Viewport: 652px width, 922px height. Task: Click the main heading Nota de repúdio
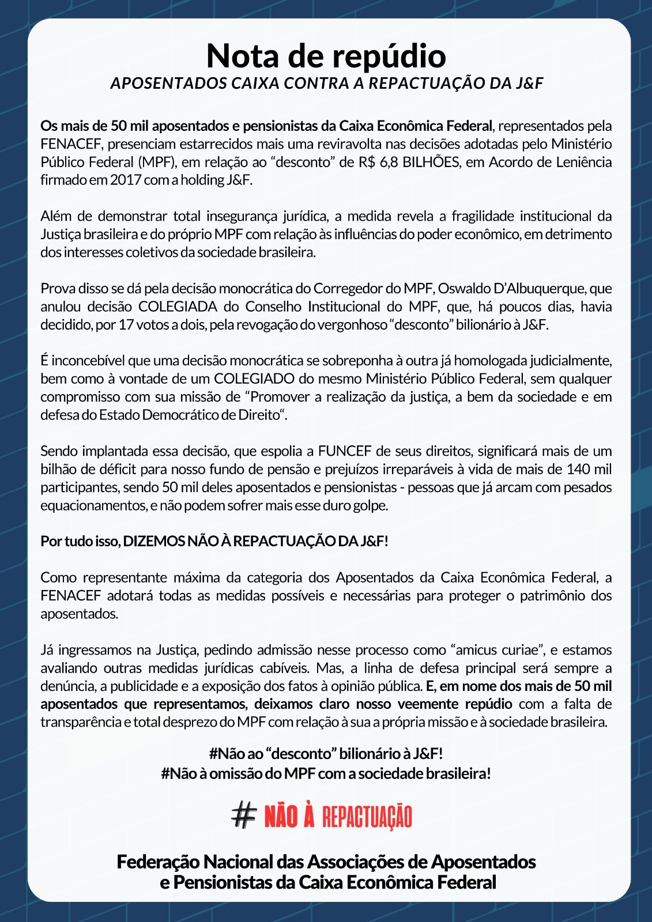(326, 56)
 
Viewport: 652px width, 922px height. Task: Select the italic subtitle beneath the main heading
(326, 84)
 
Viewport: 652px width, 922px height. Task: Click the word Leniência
(579, 162)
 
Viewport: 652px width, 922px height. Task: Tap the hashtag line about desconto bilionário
(326, 754)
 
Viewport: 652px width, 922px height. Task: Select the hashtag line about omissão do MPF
(326, 773)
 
